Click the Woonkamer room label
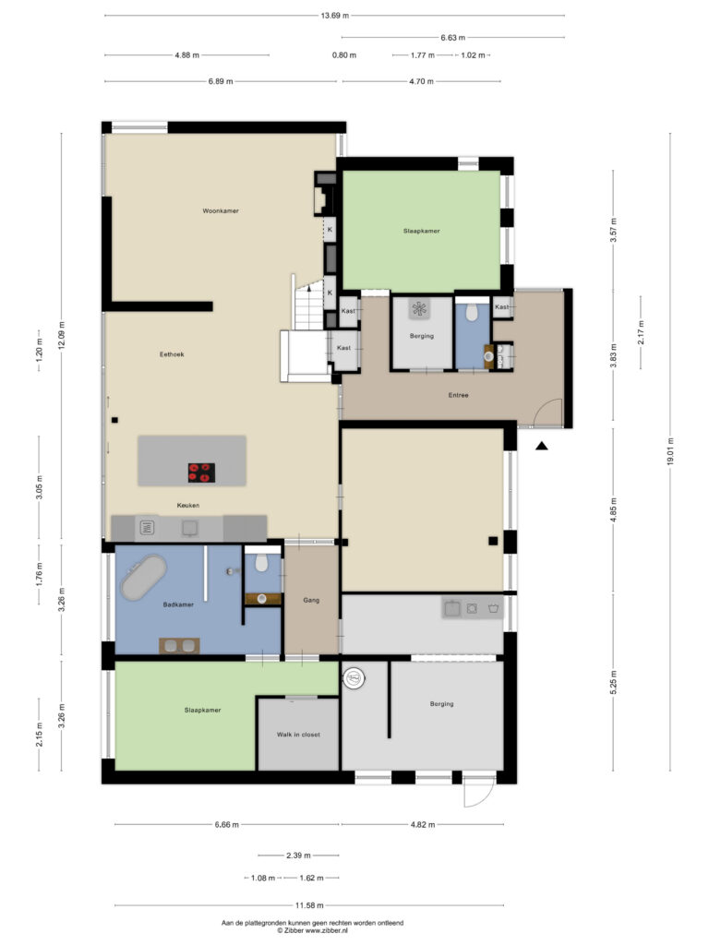[221, 211]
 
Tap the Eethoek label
[172, 353]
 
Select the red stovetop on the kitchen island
[201, 472]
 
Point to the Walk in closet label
[298, 735]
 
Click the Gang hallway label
[311, 601]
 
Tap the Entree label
[459, 395]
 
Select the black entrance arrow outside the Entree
[542, 446]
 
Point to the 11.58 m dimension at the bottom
[310, 906]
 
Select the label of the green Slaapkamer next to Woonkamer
[421, 231]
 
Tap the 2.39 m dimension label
[297, 855]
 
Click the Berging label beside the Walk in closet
[441, 704]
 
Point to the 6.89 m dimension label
[221, 81]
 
